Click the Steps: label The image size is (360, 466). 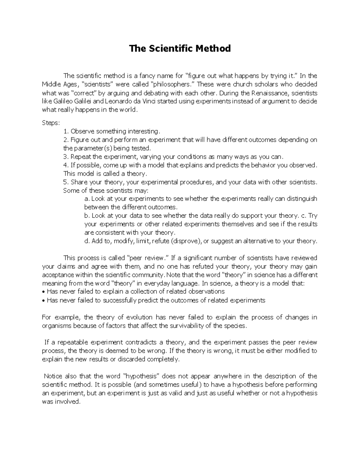51,123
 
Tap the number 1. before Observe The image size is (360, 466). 66,131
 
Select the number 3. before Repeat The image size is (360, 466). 66,157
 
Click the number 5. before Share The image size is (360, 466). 66,182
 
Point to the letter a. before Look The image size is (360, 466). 87,199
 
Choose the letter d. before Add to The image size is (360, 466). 87,241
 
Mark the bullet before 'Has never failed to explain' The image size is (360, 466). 43,292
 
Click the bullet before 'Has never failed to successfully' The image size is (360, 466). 43,300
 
